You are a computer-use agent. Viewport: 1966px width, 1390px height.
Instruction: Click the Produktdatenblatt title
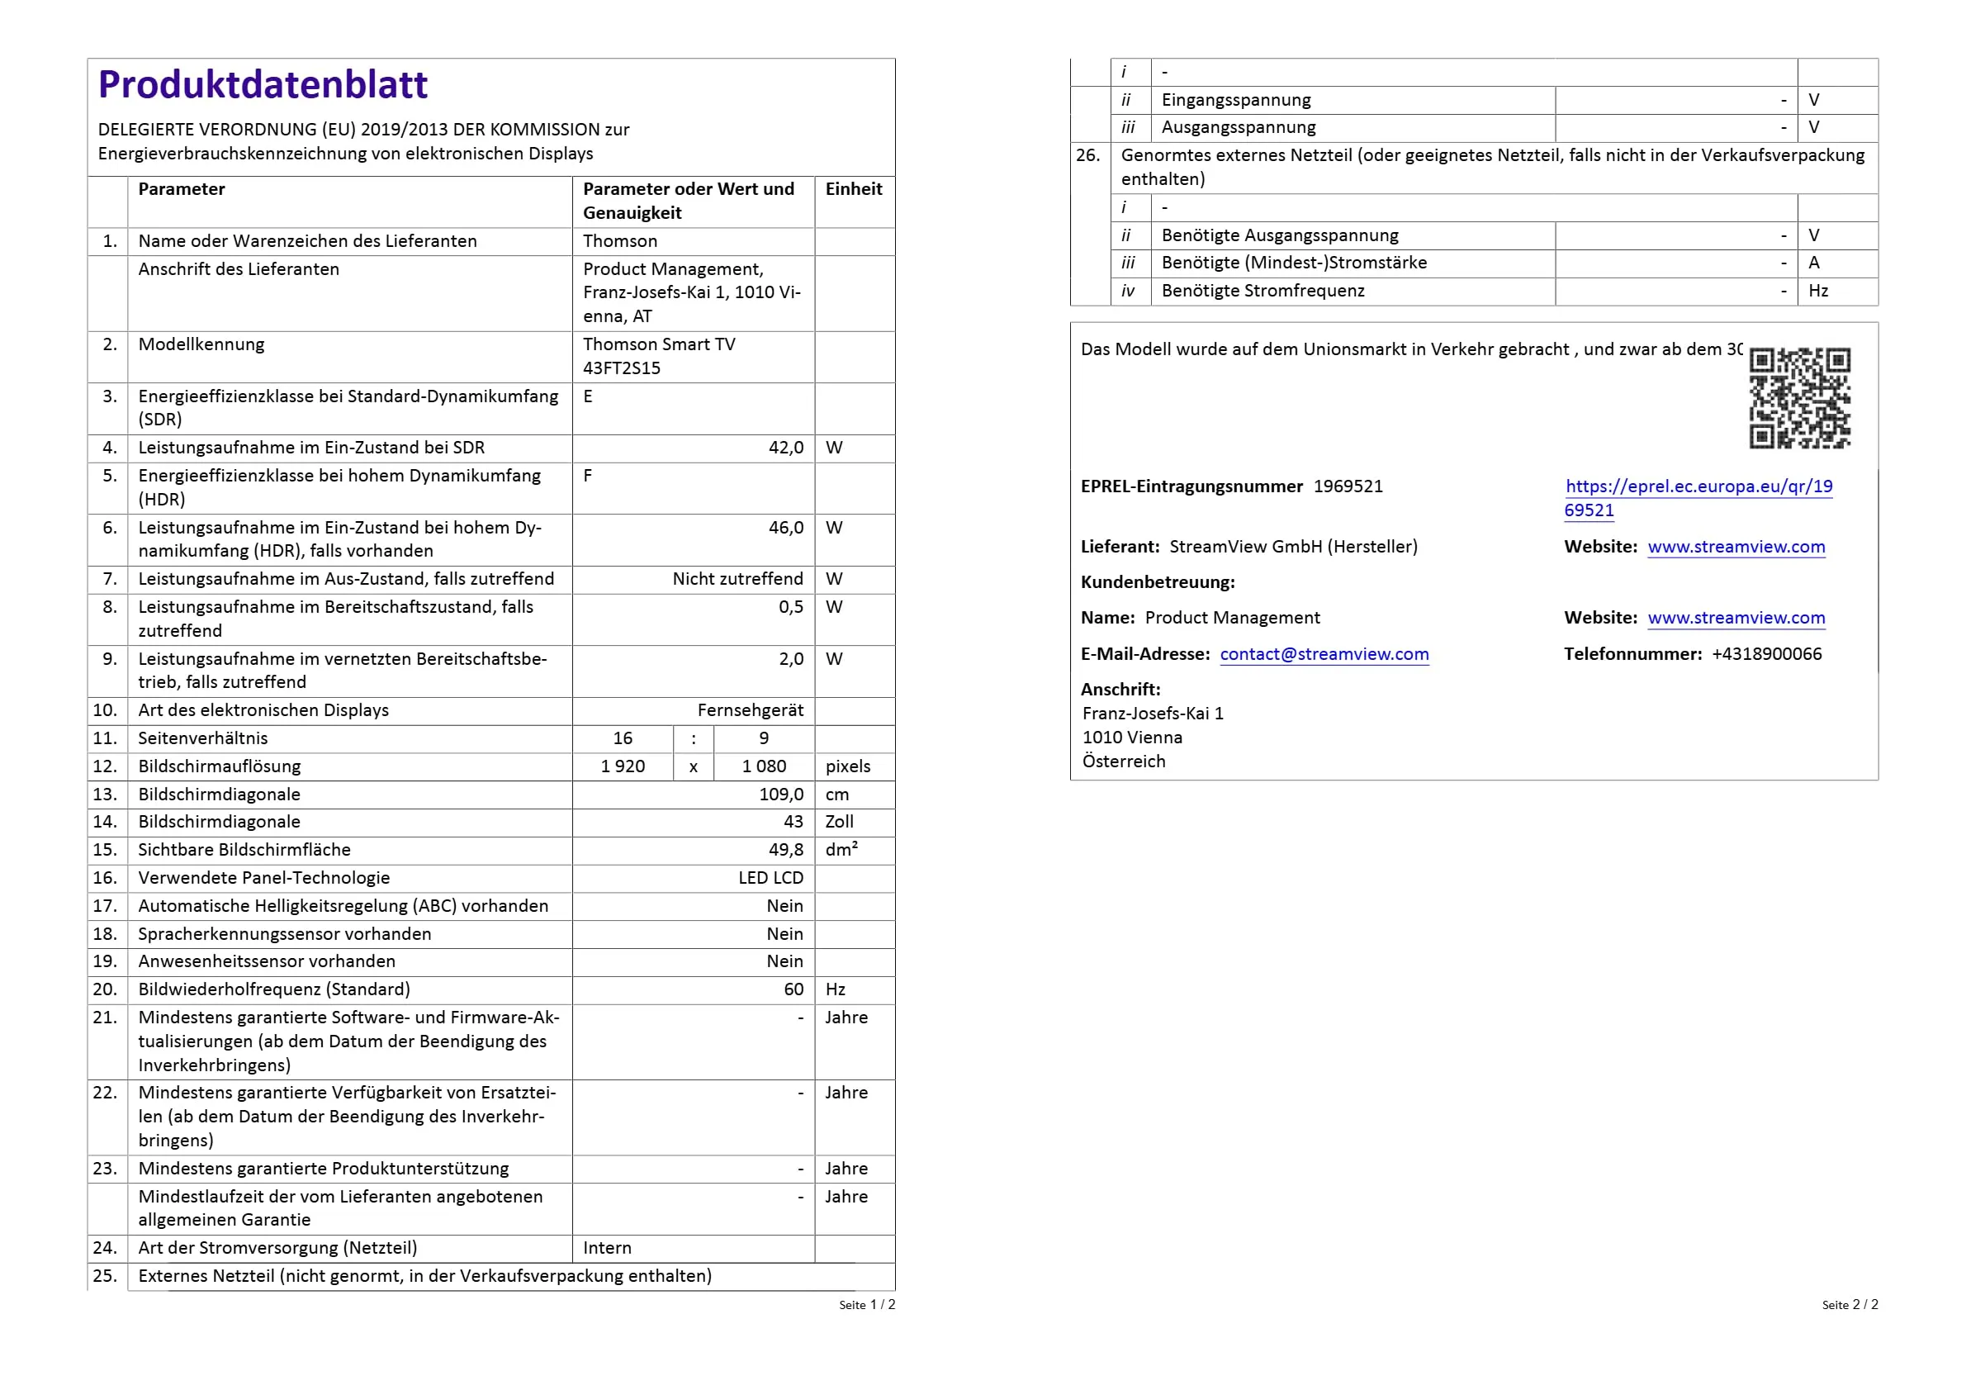262,85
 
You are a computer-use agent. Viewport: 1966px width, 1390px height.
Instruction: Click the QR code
1799,397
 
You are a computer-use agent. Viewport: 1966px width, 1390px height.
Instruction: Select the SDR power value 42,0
785,448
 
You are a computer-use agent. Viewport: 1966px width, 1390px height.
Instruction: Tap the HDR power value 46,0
785,528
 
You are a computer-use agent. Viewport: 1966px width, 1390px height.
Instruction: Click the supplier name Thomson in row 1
620,241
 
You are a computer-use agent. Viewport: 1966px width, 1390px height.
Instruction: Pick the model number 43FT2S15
622,368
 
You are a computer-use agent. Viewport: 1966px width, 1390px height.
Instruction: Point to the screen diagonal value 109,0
780,795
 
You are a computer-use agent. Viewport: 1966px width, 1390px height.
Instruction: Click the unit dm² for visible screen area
841,850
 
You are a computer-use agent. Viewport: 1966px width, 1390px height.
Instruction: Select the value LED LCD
770,878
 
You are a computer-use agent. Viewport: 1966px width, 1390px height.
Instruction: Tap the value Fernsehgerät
750,710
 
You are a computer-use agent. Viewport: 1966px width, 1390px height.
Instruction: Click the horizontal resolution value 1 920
623,766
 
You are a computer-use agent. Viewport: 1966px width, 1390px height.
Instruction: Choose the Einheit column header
854,189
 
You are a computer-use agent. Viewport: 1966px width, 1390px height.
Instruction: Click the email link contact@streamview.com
1324,654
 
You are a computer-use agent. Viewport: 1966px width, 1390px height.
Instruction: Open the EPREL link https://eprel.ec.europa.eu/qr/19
1698,486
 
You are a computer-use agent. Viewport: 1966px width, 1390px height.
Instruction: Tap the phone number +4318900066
1766,654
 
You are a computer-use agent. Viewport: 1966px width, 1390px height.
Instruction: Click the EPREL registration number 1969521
1348,486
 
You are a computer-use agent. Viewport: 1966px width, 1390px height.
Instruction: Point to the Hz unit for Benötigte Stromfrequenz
1818,292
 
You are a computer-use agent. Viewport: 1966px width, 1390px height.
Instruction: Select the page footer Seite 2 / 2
1850,1304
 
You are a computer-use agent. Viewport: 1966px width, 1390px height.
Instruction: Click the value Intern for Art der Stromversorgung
607,1248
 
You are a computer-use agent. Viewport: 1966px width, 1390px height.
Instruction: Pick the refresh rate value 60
793,990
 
